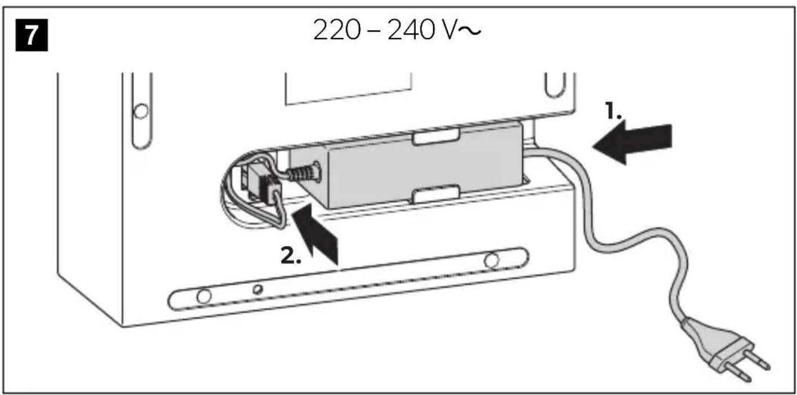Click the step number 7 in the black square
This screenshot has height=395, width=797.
[32, 35]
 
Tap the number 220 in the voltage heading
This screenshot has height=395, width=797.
[337, 30]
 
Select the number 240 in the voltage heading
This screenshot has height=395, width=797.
[411, 30]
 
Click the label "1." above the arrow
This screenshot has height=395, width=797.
[613, 111]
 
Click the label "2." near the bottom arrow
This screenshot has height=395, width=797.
[290, 255]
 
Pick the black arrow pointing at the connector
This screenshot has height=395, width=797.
[315, 233]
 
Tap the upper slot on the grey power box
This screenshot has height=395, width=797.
[436, 137]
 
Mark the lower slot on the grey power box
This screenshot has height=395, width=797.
[436, 194]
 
